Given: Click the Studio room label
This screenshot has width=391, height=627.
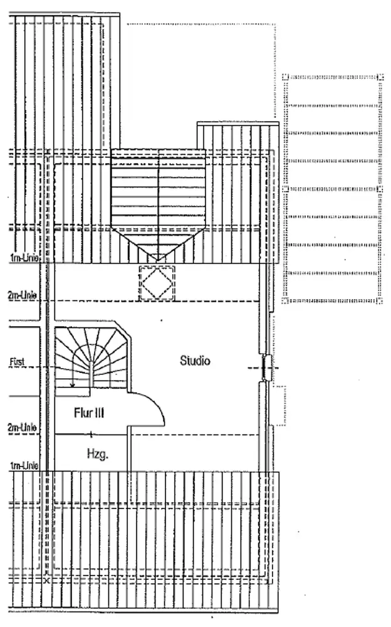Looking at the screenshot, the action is (195, 361).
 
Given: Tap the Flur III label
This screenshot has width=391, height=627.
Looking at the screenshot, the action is (89, 413).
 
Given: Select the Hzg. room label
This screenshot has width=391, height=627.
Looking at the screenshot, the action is (98, 454).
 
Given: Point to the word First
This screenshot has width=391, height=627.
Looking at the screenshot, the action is (17, 362).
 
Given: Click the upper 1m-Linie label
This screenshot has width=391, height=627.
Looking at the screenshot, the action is (24, 258).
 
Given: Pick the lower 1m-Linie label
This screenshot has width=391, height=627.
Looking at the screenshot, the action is (24, 465).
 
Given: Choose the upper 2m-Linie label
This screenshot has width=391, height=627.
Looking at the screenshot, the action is (22, 295).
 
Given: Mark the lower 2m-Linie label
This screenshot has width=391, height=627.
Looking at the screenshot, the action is (22, 428).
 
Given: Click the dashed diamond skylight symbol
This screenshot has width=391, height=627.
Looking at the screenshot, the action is (157, 283).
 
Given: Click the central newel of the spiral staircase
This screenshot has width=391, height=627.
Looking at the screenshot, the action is (92, 374).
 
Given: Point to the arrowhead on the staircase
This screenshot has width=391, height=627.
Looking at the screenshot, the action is (72, 385).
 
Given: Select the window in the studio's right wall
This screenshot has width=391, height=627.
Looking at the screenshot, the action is (266, 367).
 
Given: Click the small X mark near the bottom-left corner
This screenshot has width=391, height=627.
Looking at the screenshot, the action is (47, 580).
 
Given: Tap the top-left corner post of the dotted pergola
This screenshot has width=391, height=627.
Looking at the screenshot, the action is (285, 76).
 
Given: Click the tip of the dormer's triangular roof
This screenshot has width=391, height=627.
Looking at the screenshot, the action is (157, 261).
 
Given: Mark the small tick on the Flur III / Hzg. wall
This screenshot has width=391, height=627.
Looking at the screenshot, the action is (91, 433).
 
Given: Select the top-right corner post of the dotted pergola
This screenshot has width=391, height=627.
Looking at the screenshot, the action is (380, 76).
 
